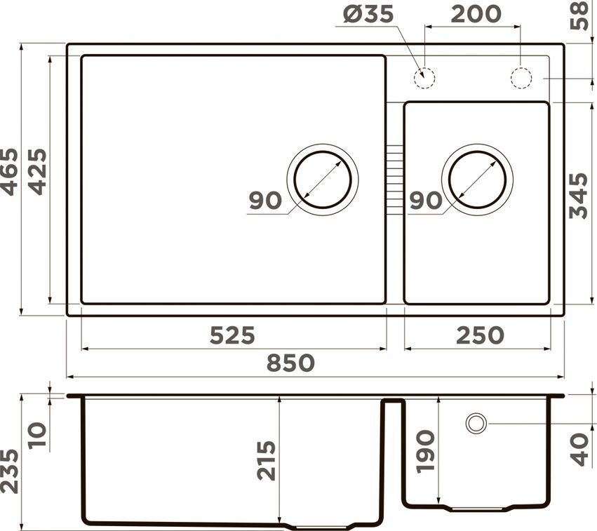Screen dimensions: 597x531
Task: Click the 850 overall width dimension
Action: pyautogui.click(x=290, y=363)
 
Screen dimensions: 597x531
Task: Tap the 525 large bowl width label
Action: pyautogui.click(x=232, y=335)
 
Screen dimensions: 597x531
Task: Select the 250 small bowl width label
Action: pyautogui.click(x=480, y=335)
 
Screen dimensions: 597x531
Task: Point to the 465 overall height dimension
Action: pyautogui.click(x=9, y=172)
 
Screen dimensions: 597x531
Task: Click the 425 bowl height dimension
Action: pyautogui.click(x=37, y=172)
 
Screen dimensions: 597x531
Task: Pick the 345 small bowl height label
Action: pyautogui.click(x=578, y=196)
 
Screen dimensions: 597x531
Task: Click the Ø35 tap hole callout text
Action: pyautogui.click(x=368, y=15)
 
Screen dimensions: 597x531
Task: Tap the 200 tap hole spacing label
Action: pyautogui.click(x=476, y=14)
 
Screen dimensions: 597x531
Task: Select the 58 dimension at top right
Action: pyautogui.click(x=579, y=15)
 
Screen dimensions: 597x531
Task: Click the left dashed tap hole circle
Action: pyautogui.click(x=424, y=78)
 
